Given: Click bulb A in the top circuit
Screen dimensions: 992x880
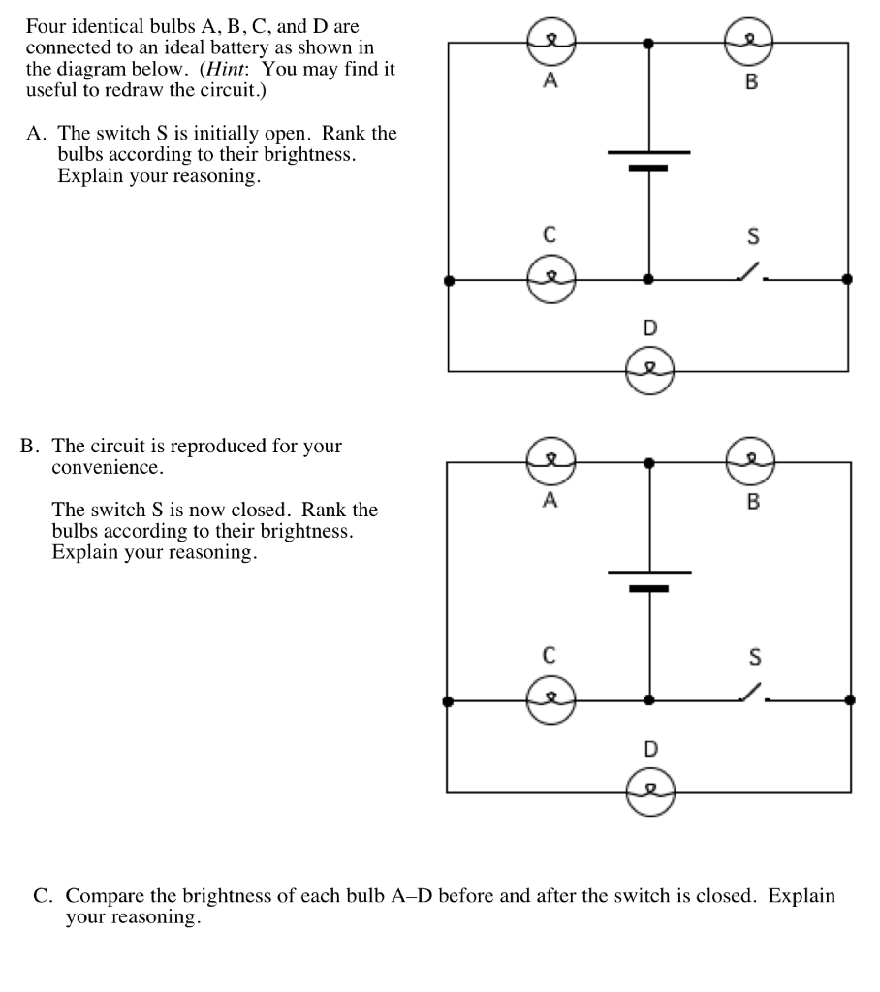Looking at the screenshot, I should pos(550,42).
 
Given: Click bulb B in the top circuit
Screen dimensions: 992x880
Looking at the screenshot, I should pos(749,42).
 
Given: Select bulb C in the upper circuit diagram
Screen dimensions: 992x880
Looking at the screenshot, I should pos(550,280).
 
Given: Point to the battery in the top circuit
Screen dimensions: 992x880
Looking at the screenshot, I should pos(648,160).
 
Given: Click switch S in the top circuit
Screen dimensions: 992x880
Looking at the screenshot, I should pos(752,273).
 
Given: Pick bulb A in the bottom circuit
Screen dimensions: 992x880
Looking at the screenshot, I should pos(550,461).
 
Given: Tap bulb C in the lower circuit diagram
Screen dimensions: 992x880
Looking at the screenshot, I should pos(550,699).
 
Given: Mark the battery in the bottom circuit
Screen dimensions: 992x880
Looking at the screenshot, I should pos(648,579).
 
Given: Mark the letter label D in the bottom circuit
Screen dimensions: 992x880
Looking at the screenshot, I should pos(650,749).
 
